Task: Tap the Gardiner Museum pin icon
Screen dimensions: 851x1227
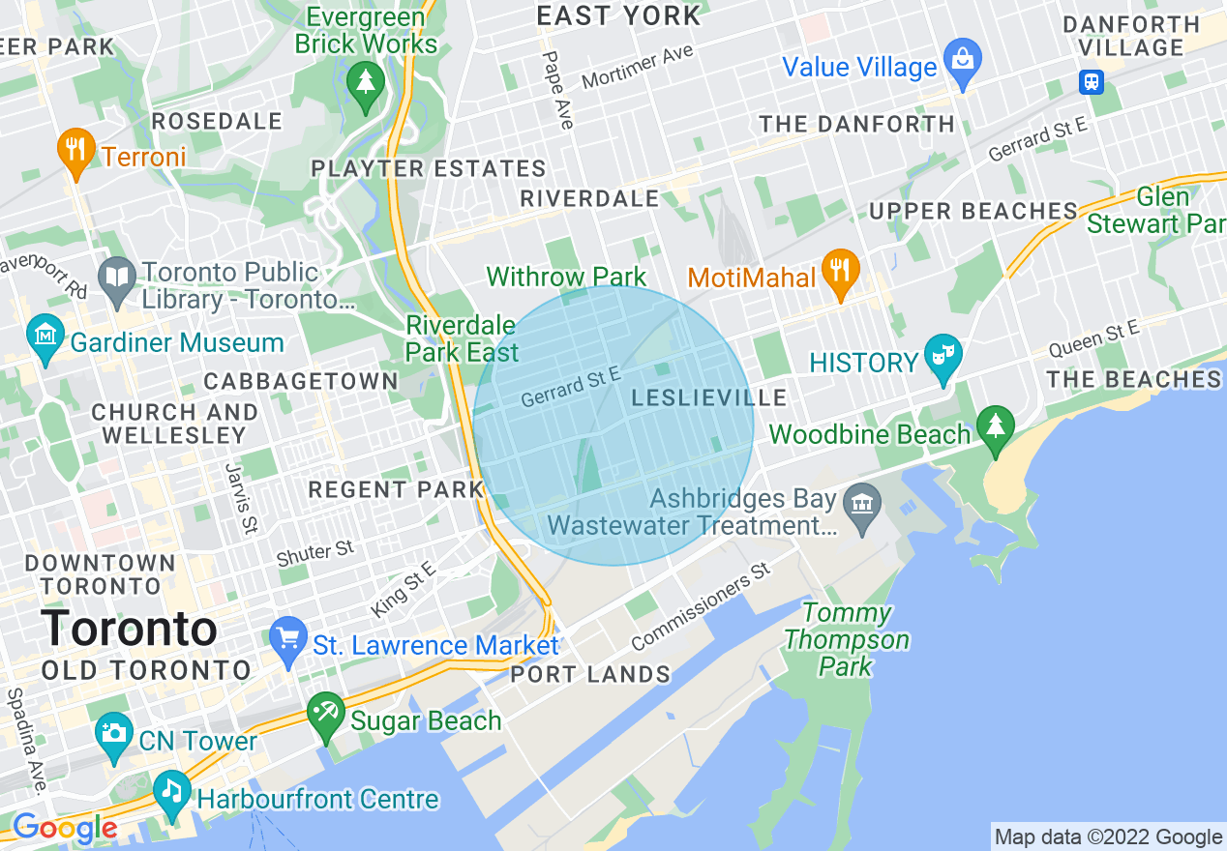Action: point(45,335)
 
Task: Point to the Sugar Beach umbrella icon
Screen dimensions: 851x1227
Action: point(325,714)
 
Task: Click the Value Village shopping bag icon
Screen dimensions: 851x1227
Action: point(963,59)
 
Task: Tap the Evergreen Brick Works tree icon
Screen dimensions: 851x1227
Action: point(365,81)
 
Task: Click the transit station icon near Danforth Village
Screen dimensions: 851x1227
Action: point(1092,81)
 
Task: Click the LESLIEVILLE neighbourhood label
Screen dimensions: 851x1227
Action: point(709,398)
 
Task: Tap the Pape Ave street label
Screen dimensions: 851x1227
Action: point(558,90)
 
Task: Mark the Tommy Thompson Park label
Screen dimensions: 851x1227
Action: point(847,639)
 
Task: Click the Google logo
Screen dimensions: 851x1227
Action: point(64,829)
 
